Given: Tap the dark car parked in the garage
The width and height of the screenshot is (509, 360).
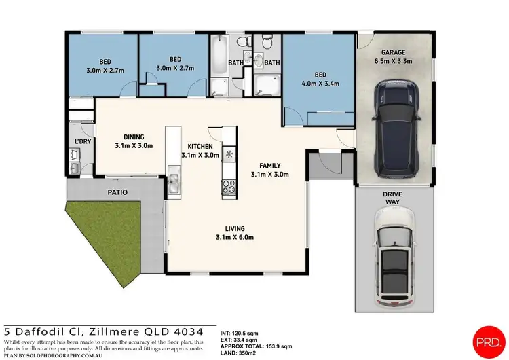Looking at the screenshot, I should pos(394,129).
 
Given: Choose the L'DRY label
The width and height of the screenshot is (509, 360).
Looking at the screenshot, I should pos(82,142).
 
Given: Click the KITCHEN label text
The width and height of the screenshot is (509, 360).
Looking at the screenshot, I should pos(200,146).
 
